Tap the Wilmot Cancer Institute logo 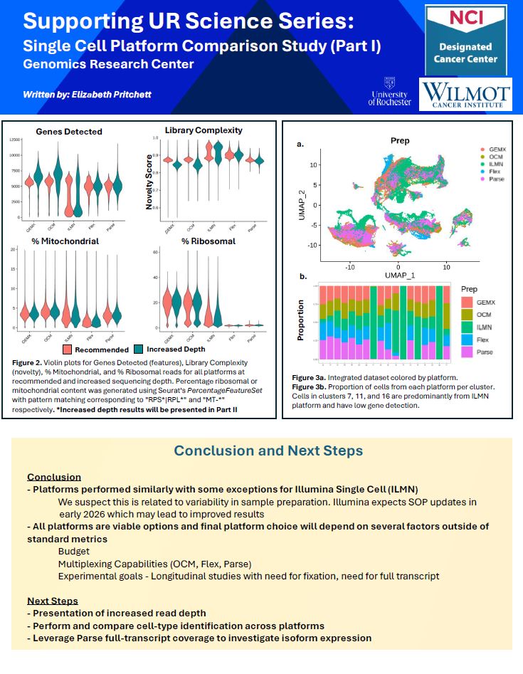coord(465,95)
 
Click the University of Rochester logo coord(390,93)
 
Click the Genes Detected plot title coord(69,132)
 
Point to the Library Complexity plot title coord(204,130)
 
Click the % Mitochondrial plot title coord(65,241)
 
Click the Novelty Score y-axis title coord(150,181)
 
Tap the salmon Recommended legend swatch coord(65,349)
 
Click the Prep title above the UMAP coord(401,141)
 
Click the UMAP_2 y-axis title coord(303,204)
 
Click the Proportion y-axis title coord(302,320)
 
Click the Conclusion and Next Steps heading coord(268,451)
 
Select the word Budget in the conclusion coord(74,551)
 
